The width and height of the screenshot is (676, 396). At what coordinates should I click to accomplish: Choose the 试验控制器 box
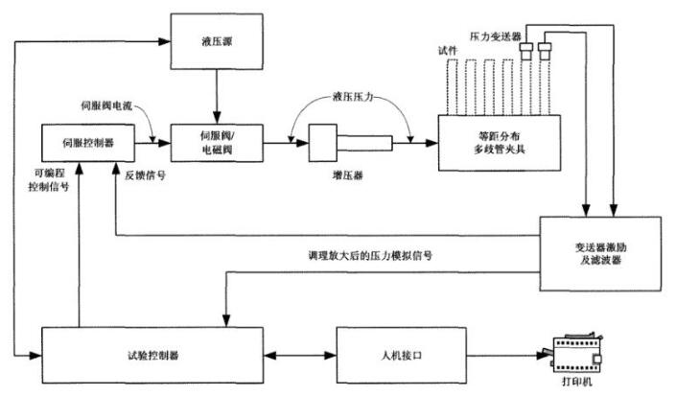tap(152, 355)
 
